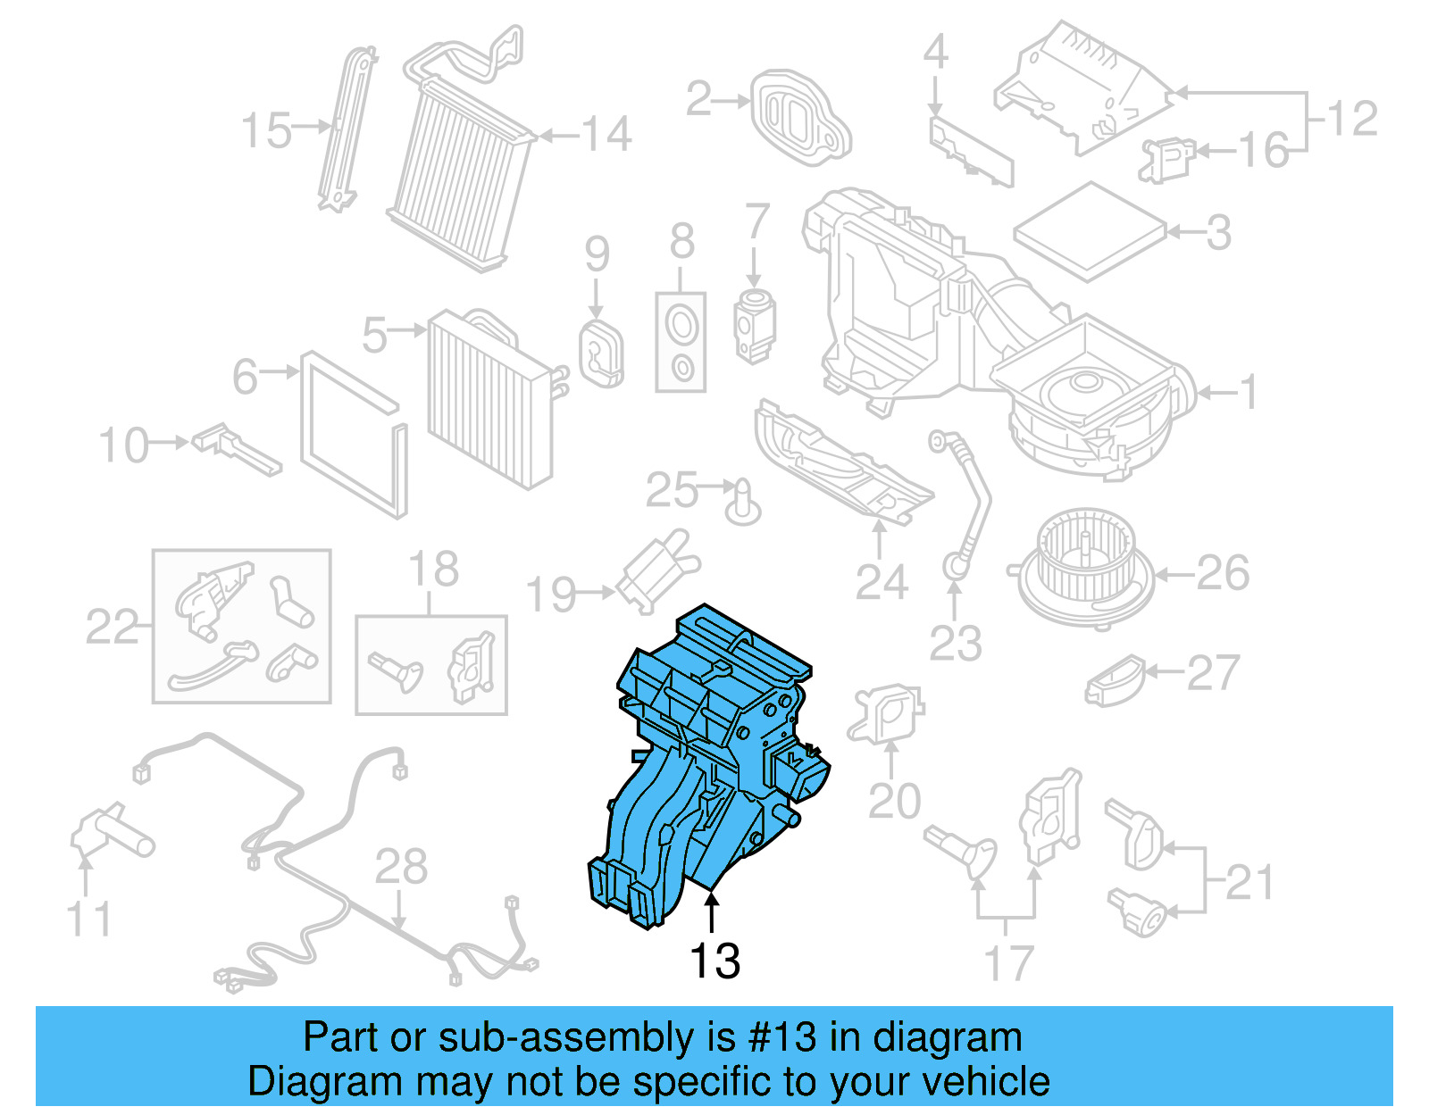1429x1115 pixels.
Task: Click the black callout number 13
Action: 714,961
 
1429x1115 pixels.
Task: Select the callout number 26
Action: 1223,573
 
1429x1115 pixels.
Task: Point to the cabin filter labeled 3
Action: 1090,230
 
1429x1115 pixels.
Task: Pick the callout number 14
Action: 607,135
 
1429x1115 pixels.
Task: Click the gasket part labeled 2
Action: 799,116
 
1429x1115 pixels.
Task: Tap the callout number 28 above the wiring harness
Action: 401,866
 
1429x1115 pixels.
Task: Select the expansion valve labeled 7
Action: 755,326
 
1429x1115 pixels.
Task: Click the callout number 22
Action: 113,627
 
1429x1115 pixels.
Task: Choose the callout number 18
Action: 433,569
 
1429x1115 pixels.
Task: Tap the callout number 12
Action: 1352,119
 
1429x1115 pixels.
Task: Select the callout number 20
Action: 894,801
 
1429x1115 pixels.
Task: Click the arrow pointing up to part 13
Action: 712,915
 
